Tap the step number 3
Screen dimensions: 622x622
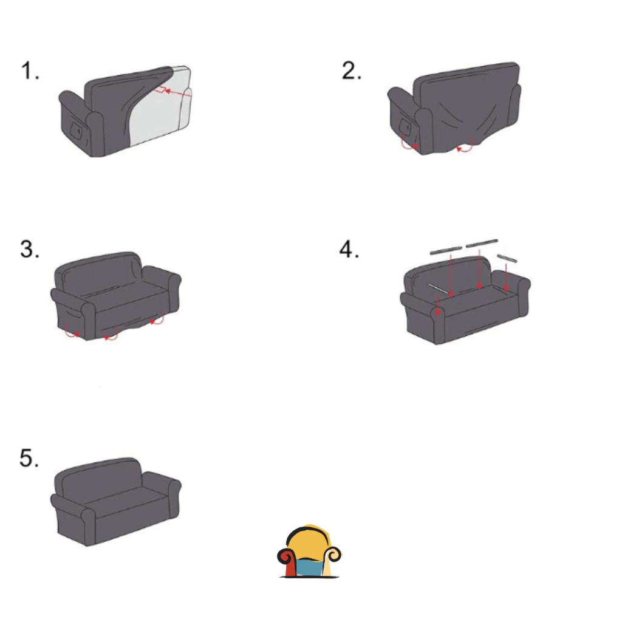[30, 249]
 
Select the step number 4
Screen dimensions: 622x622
[349, 249]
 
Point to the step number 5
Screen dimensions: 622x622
[29, 458]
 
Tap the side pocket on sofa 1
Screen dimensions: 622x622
[76, 130]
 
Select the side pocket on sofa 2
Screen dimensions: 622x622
[405, 126]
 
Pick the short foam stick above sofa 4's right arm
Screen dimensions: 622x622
[507, 258]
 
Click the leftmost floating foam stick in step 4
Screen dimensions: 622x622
[446, 250]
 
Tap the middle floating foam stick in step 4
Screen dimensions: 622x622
[482, 243]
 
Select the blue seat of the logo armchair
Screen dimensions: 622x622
[310, 567]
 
